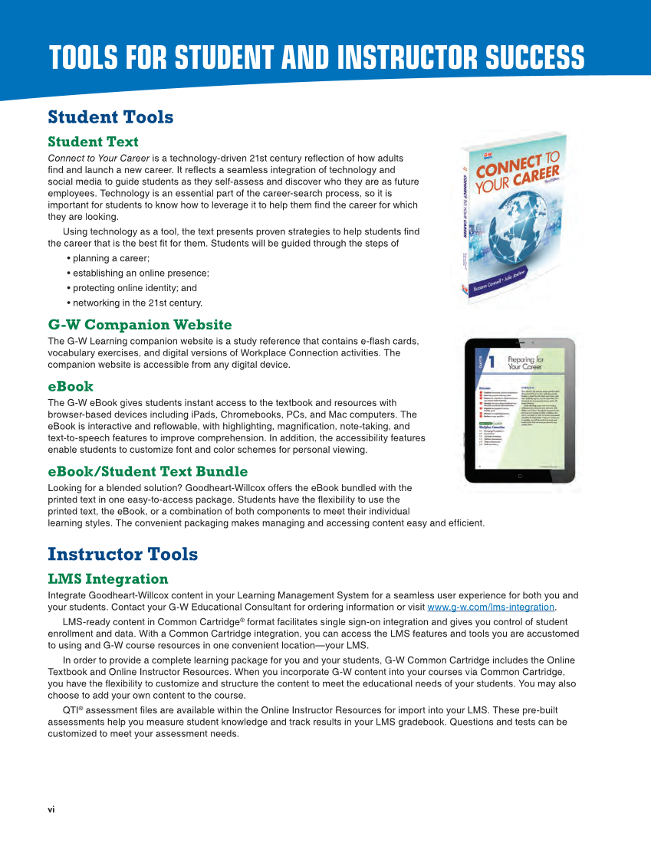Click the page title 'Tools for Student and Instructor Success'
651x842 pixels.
click(x=317, y=58)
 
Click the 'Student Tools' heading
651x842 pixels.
click(x=110, y=117)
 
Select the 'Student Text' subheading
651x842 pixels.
click(x=93, y=142)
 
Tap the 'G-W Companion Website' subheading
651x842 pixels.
click(x=140, y=325)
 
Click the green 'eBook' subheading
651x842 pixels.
click(x=71, y=386)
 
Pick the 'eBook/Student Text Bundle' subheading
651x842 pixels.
click(x=147, y=471)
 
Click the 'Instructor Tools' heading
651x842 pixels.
click(x=123, y=554)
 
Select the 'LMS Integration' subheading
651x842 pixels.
click(x=107, y=578)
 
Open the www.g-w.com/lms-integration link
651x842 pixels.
click(x=491, y=608)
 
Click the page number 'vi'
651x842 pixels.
click(x=51, y=809)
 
